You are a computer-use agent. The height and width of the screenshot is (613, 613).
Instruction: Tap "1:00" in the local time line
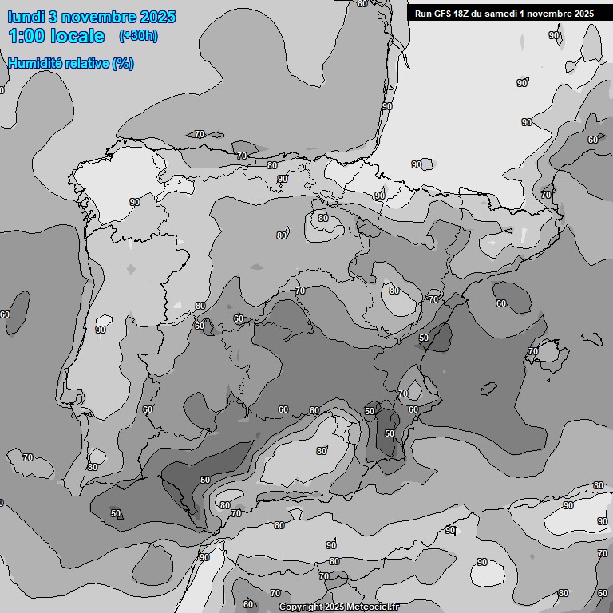pyautogui.click(x=26, y=36)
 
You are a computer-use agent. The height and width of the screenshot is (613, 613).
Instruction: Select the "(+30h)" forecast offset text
pyautogui.click(x=138, y=36)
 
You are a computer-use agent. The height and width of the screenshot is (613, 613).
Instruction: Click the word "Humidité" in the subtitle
pyautogui.click(x=37, y=63)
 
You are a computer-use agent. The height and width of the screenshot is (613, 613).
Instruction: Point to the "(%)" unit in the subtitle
pyautogui.click(x=123, y=63)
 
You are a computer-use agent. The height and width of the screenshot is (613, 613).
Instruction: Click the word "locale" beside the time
pyautogui.click(x=77, y=36)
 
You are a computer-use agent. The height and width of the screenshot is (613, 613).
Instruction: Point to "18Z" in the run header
pyautogui.click(x=466, y=13)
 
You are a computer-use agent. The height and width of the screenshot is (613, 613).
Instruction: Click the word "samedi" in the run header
pyautogui.click(x=506, y=13)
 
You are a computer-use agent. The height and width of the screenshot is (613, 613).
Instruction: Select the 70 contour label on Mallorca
pyautogui.click(x=533, y=351)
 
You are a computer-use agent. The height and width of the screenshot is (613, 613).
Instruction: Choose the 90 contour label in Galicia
pyautogui.click(x=134, y=202)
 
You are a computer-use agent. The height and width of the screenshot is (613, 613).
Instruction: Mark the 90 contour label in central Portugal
pyautogui.click(x=101, y=329)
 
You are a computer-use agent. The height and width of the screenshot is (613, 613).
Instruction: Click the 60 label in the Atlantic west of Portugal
pyautogui.click(x=5, y=314)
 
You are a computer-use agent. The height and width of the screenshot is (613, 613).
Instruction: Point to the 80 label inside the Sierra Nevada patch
pyautogui.click(x=321, y=451)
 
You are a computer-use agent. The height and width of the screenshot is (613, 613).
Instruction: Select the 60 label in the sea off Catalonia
pyautogui.click(x=500, y=303)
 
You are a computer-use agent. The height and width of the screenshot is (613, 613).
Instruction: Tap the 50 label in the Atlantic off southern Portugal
pyautogui.click(x=116, y=513)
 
